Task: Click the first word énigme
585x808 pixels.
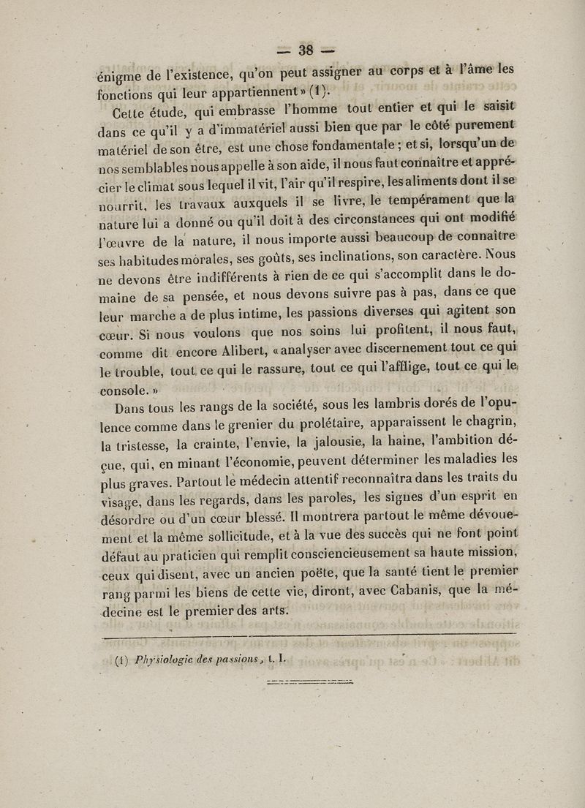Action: (x=120, y=74)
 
